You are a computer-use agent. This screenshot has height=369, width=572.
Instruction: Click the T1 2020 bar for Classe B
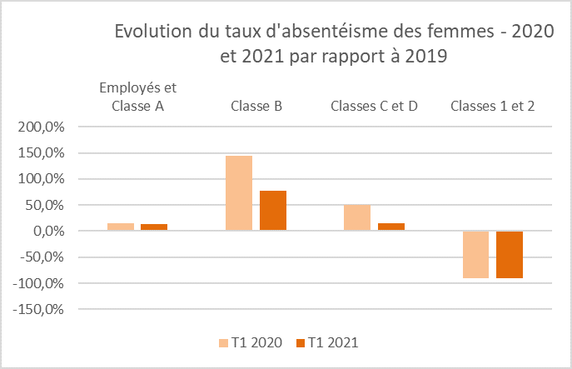pos(239,193)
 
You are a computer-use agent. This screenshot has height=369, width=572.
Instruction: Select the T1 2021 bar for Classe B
pos(273,211)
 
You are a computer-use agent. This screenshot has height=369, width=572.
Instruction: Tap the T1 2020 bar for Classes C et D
pos(357,217)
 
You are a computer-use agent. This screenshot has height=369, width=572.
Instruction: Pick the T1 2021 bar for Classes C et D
pos(391,227)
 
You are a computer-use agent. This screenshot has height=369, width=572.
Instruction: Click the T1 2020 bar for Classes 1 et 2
pos(475,254)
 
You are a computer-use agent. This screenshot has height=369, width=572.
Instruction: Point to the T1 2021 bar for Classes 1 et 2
pos(510,254)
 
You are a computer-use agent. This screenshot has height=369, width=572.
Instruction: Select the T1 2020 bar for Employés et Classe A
pos(121,227)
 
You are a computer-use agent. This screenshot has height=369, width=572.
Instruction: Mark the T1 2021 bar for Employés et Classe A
pos(154,227)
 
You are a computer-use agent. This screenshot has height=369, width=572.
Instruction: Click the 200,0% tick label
pos(41,127)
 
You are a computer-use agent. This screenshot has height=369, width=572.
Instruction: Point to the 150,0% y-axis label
pos(41,153)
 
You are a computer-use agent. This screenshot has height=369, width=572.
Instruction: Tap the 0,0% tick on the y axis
pos(47,231)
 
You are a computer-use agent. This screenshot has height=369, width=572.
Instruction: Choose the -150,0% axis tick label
pos(38,309)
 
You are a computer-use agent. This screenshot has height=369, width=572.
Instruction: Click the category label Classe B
pos(256,107)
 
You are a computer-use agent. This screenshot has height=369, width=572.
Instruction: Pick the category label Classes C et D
pos(374,107)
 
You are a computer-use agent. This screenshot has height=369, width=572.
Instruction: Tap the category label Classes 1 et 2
pos(492,107)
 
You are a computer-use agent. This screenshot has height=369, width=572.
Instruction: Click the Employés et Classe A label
pos(137,97)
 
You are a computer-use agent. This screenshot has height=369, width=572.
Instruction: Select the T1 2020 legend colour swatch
pos(224,342)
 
